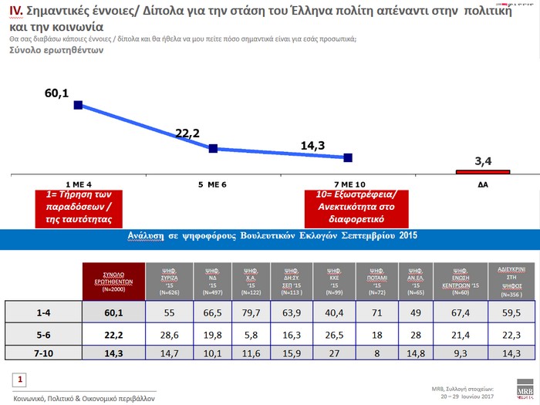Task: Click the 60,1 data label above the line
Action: pyautogui.click(x=57, y=94)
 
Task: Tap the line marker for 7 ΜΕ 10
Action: pyautogui.click(x=348, y=157)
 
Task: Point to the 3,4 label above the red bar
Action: pyautogui.click(x=484, y=160)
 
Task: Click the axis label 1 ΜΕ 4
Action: pyautogui.click(x=79, y=185)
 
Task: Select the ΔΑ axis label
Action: pyautogui.click(x=482, y=185)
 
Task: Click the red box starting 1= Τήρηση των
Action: pyautogui.click(x=79, y=208)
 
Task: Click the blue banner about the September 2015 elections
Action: pyautogui.click(x=270, y=238)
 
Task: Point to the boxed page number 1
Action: pyautogui.click(x=21, y=379)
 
